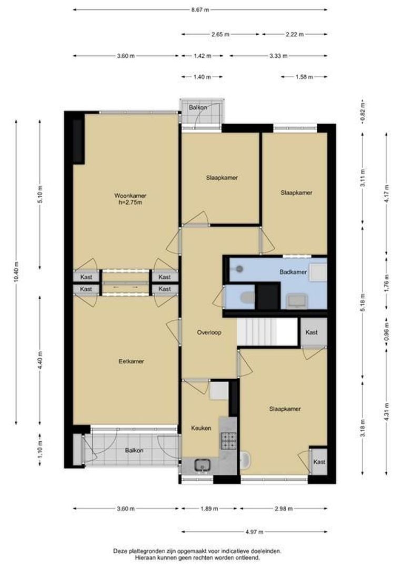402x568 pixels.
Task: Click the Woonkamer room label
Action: [130, 196]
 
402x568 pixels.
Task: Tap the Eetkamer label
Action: [131, 361]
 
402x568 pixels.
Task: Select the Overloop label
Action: [209, 332]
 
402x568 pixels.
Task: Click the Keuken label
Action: [201, 428]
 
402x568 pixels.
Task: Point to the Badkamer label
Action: [293, 272]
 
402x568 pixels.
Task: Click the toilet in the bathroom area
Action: [248, 298]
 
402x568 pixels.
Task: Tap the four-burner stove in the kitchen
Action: [229, 441]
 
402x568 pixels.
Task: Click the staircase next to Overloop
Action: [257, 332]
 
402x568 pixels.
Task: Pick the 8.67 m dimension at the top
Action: [200, 10]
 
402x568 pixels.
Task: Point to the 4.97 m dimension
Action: [254, 532]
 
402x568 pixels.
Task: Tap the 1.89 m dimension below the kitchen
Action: [209, 509]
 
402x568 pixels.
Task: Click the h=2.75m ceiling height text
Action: [130, 202]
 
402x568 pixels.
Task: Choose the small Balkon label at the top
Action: [198, 107]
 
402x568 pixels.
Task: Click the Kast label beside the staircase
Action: [311, 332]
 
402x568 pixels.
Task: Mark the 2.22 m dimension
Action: [294, 34]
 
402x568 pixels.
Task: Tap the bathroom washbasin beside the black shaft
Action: [297, 301]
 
